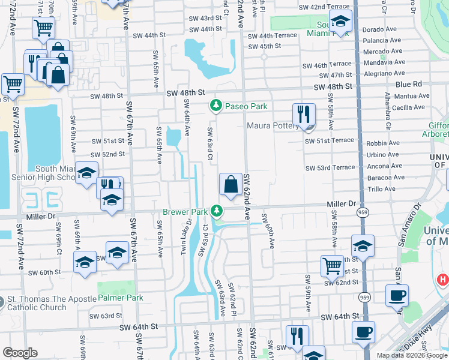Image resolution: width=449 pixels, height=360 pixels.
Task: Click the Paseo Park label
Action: tap(246, 106)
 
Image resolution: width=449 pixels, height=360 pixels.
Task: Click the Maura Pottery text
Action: tap(272, 126)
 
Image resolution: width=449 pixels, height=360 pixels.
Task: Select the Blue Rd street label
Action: tap(409, 85)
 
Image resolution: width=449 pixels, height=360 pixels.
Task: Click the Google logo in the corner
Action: tap(20, 353)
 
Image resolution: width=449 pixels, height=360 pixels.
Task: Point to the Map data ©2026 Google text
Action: tap(412, 355)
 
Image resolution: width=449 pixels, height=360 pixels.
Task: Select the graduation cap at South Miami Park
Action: tap(340, 22)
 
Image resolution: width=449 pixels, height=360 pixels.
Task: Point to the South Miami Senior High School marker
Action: tap(86, 172)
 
